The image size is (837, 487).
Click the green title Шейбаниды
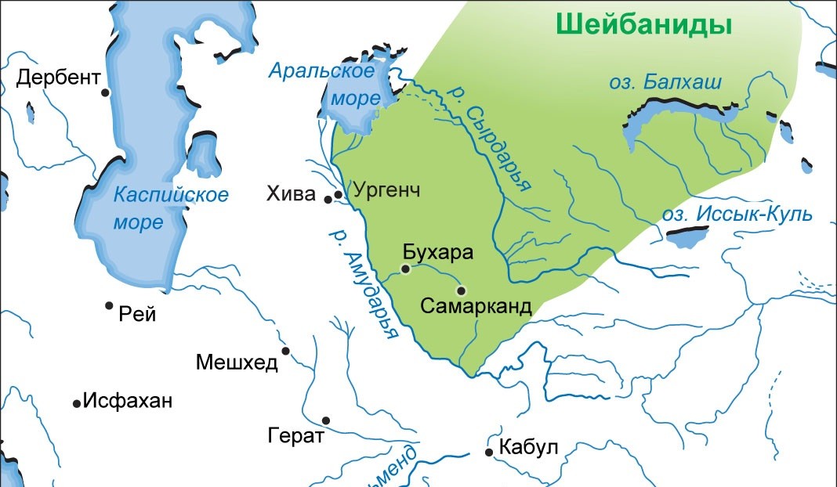644,24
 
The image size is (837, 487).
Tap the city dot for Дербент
105,92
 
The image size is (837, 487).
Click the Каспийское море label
170,208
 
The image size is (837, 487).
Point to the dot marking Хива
329,199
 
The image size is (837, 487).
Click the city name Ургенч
387,189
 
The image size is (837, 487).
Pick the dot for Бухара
405,269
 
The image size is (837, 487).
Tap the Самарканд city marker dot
461,290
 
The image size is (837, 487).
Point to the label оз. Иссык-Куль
737,215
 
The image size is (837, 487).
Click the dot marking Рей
110,305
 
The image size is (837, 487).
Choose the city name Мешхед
237,362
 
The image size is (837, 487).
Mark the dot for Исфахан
77,403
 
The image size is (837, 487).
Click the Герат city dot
326,420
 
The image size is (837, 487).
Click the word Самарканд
476,306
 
